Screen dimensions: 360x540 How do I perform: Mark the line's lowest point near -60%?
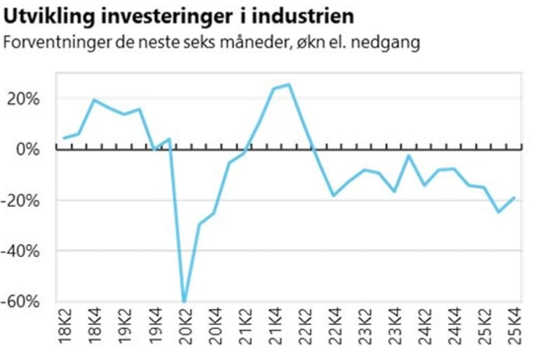pyautogui.click(x=184, y=302)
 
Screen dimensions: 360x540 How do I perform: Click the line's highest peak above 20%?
pyautogui.click(x=289, y=85)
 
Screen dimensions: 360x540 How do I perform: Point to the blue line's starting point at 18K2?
pyautogui.click(x=64, y=138)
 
